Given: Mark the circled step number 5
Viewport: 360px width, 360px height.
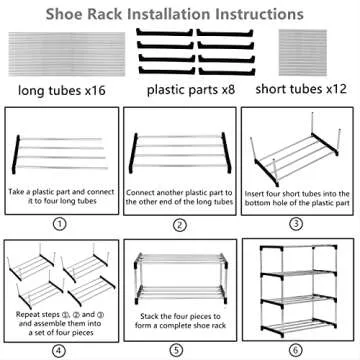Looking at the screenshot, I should click(179, 350).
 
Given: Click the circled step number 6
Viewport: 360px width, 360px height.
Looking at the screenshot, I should click(296, 350).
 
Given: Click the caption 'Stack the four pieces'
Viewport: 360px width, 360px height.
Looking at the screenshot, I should click(179, 323).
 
